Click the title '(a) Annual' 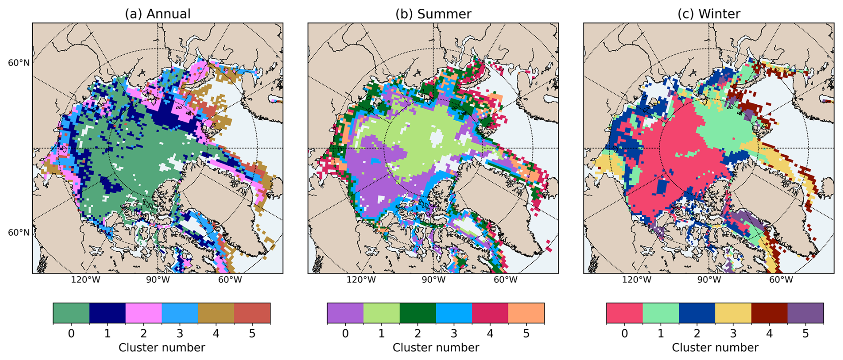tap(158, 14)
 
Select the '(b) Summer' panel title tap(433, 14)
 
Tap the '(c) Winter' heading tap(709, 14)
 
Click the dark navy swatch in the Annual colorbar tap(107, 313)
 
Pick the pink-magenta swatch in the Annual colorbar tap(143, 313)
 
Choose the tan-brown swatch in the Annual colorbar tap(216, 313)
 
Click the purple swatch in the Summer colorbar tap(345, 313)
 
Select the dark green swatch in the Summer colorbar tap(417, 313)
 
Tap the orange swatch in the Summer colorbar tap(526, 313)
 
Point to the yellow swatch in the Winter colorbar tap(733, 313)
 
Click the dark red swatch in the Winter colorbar tap(769, 313)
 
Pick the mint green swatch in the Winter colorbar tap(661, 313)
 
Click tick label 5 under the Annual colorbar tap(252, 333)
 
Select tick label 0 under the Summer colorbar tap(345, 333)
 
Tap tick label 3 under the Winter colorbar tap(733, 333)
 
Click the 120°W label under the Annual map tap(86, 280)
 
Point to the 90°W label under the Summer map tap(434, 280)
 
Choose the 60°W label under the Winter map tap(781, 280)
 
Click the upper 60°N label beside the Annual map tap(19, 63)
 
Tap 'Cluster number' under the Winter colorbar tap(715, 348)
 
